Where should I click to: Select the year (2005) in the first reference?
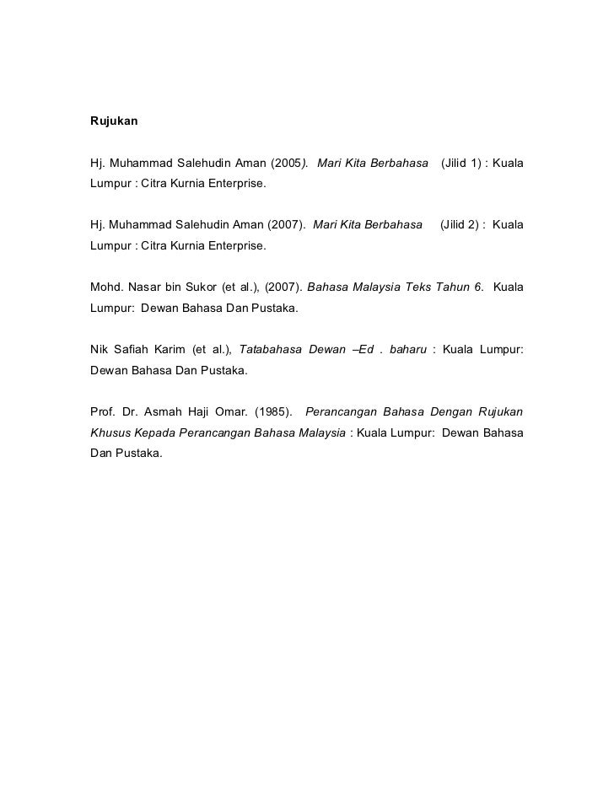(288, 162)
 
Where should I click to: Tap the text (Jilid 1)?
(460, 162)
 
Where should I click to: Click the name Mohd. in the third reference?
(105, 287)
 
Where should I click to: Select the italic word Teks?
(418, 287)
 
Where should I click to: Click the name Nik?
(100, 350)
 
